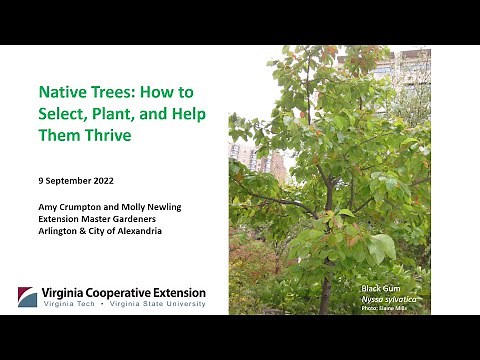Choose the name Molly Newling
coord(149,206)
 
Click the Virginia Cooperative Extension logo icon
coord(27,297)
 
